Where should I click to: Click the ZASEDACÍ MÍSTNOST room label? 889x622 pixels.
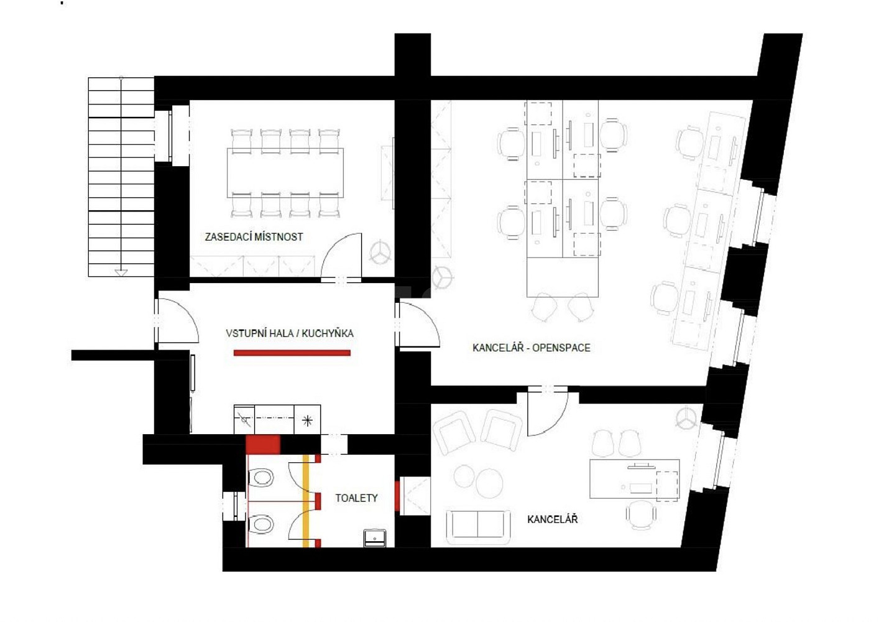pos(254,237)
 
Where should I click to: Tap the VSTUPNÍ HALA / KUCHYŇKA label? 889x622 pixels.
pos(290,333)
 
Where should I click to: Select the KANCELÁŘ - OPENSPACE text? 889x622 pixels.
pos(532,348)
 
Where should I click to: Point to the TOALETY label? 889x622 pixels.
pos(356,498)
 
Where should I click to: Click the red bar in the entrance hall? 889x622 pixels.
pos(292,353)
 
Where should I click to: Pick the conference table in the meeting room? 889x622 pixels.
pos(285,173)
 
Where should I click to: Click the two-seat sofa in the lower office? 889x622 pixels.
pos(478,527)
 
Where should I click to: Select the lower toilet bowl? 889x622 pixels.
pos(260,524)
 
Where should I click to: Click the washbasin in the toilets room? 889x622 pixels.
pos(375,538)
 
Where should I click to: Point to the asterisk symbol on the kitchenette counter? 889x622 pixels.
pos(307,420)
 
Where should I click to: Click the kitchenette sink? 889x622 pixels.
pos(244,419)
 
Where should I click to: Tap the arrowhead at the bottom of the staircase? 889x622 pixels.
pos(121,272)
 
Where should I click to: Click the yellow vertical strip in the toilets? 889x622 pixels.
pos(306,501)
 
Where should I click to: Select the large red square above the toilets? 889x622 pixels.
pos(263,445)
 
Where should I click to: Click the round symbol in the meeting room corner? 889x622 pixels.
pos(380,252)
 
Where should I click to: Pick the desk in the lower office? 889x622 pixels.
pos(634,478)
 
